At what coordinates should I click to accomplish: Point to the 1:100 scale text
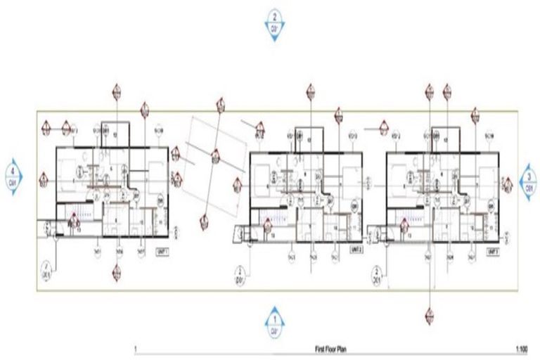pyautogui.click(x=521, y=349)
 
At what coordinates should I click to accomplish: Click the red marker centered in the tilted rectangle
pyautogui.click(x=214, y=159)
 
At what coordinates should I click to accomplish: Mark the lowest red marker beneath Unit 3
pyautogui.click(x=428, y=317)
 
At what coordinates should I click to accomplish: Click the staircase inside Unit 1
pyautogui.click(x=83, y=213)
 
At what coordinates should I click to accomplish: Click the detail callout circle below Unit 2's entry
pyautogui.click(x=240, y=272)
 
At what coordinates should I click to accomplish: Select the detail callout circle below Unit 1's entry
pyautogui.click(x=46, y=269)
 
